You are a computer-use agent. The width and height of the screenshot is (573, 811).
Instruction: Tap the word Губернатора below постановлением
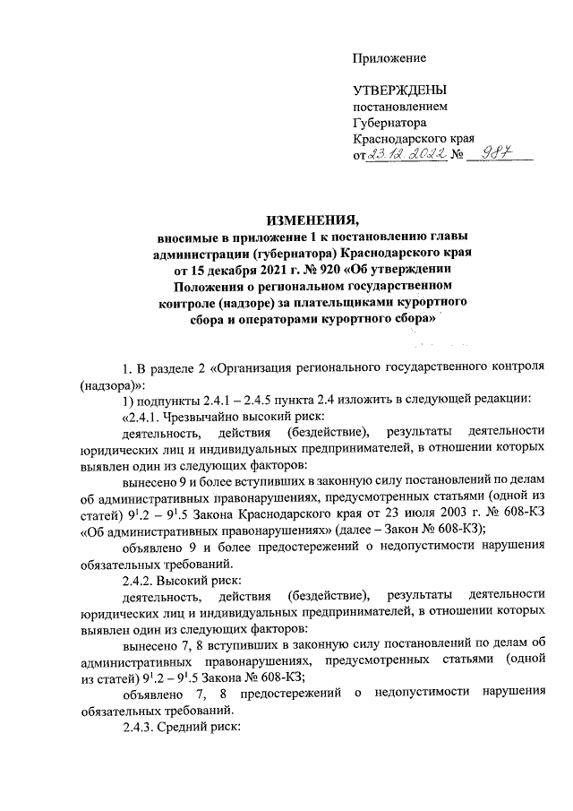(389, 123)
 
